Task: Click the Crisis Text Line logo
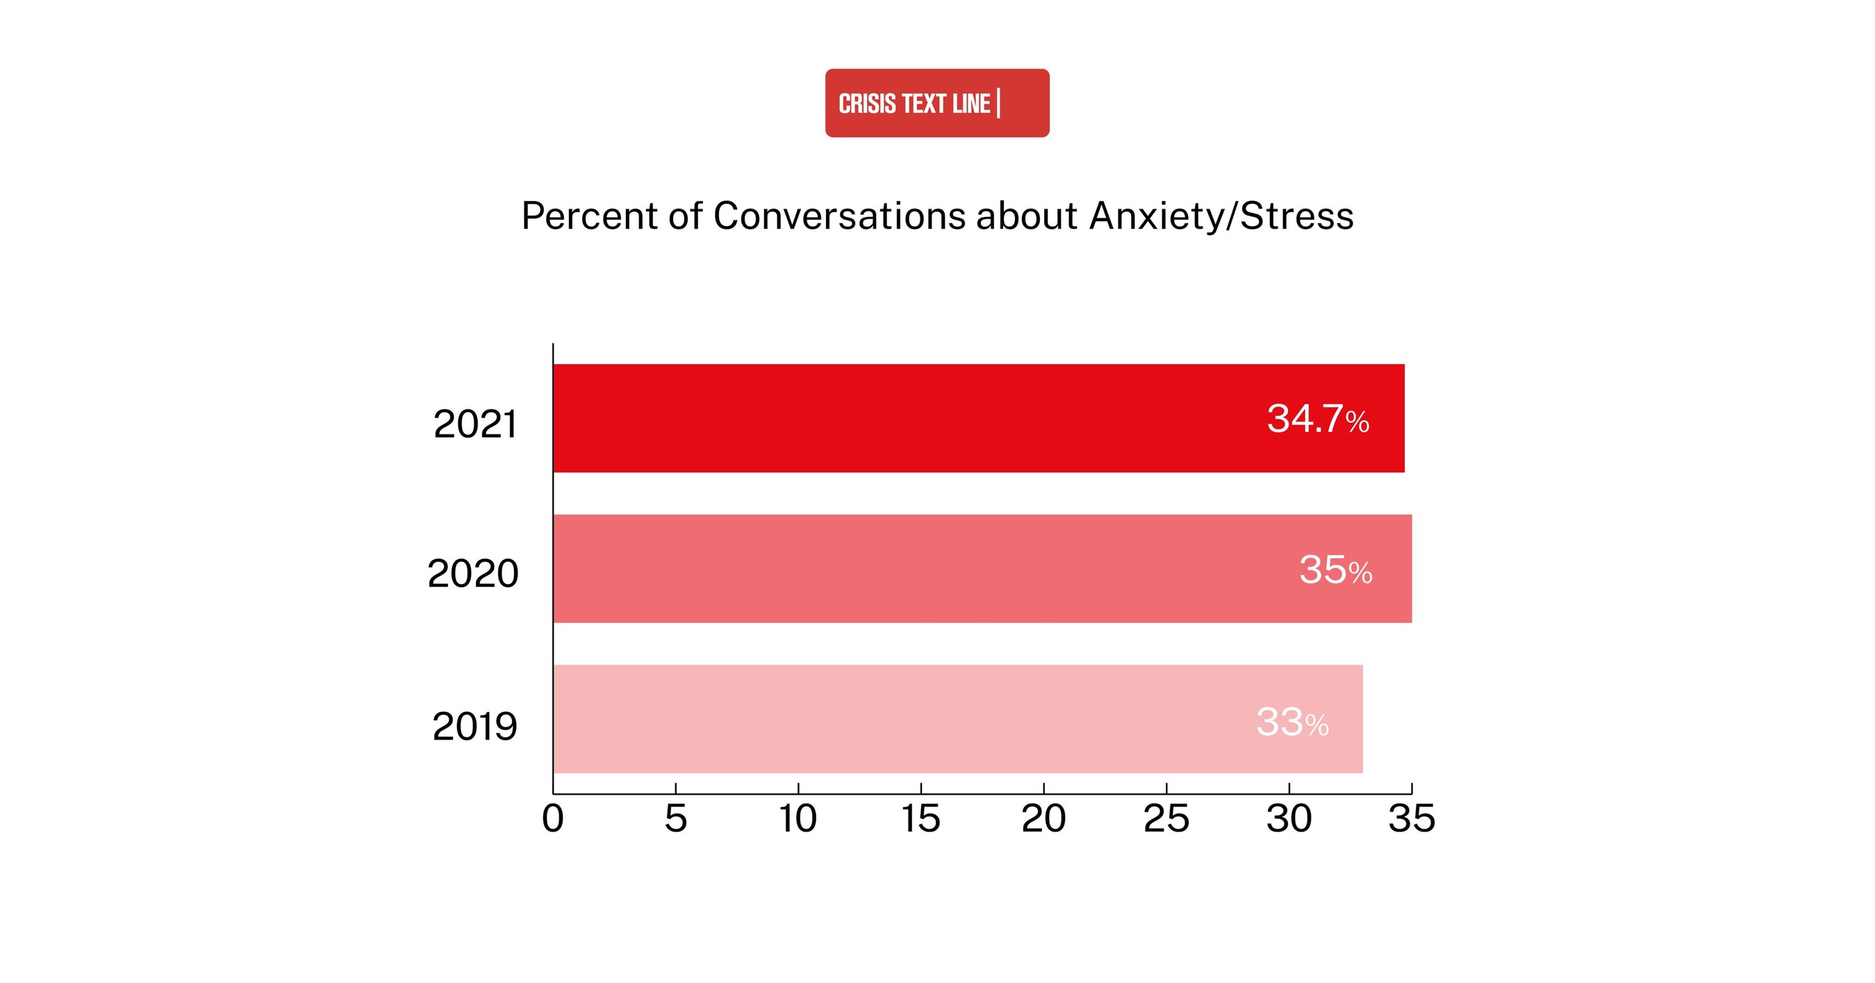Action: [936, 103]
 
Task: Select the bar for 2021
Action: [978, 418]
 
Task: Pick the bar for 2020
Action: [982, 569]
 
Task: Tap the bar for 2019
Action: [957, 719]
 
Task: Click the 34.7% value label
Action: [1317, 419]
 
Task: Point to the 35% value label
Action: [1335, 570]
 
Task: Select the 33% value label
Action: [1292, 722]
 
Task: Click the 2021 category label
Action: [474, 424]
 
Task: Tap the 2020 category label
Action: [472, 574]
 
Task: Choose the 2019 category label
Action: [474, 726]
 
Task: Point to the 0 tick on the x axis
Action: [553, 818]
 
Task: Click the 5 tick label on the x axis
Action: [675, 818]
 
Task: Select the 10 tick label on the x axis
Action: [798, 818]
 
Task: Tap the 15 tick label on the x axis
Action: [920, 818]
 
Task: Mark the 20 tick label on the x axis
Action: [1043, 818]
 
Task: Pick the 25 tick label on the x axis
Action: [1166, 818]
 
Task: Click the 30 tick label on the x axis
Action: [1289, 818]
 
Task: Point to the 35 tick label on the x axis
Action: [1412, 818]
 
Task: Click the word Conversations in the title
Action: [839, 216]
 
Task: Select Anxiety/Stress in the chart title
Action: [1221, 216]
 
